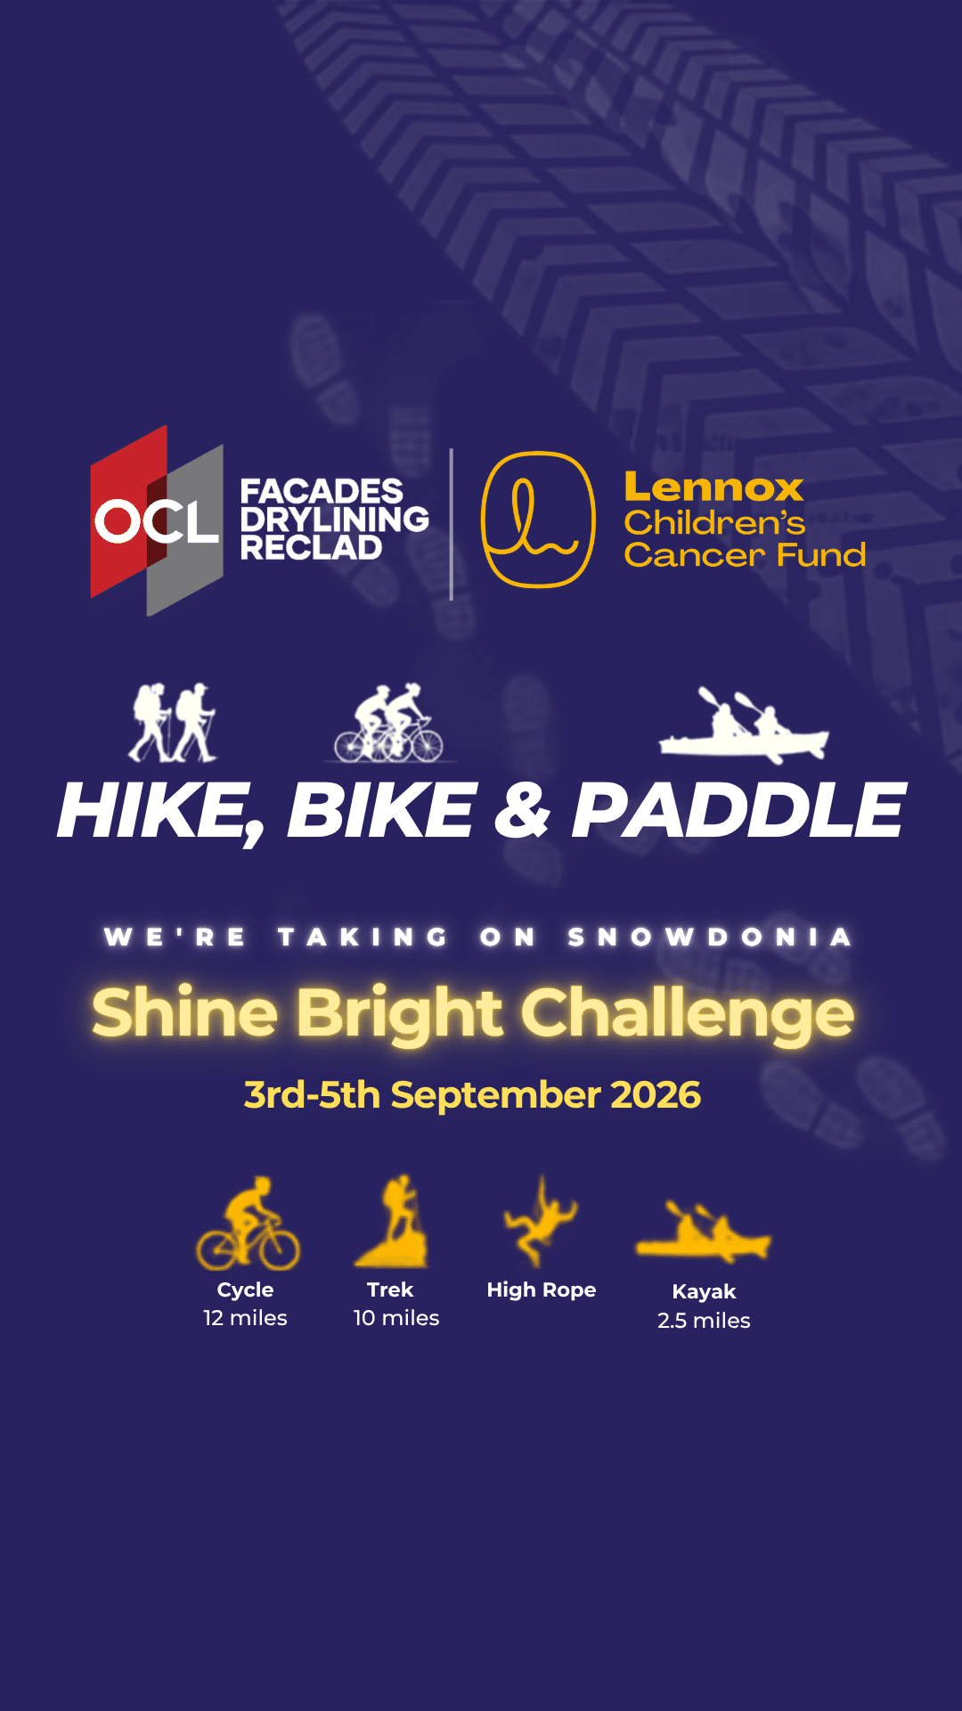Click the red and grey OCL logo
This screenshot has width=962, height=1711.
pos(157,520)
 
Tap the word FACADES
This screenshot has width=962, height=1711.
pos(322,491)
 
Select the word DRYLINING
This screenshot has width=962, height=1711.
pos(335,520)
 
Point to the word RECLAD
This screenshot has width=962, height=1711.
pos(311,547)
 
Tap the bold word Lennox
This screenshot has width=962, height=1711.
pos(713,487)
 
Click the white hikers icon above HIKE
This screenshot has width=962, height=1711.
pos(173,723)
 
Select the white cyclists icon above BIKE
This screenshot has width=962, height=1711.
pos(389,723)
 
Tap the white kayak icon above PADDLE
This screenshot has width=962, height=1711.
pos(744,727)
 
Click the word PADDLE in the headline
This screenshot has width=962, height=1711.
pos(738,811)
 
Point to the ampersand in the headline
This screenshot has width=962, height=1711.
pos(523,810)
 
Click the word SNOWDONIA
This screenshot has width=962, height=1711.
pos(710,937)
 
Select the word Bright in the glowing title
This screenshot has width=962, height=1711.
pos(399,1014)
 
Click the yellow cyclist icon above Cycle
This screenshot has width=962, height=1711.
pos(249,1223)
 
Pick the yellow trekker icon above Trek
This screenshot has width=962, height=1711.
pos(393,1220)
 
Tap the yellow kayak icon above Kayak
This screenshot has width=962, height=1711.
pos(704,1231)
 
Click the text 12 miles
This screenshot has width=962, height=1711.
pos(245,1318)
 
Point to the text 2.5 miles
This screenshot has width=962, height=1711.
pos(704,1321)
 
